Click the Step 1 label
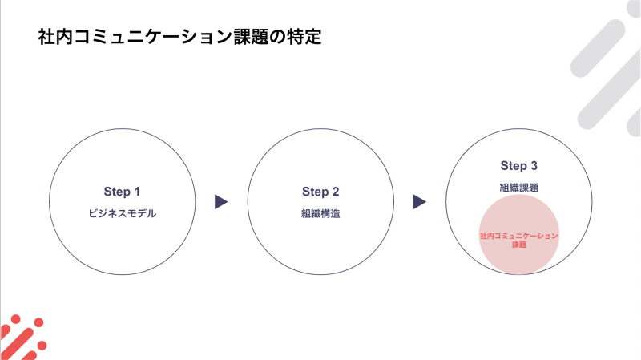pos(122,192)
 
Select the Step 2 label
pos(320,192)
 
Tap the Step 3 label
pos(518,166)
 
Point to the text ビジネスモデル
pos(123,213)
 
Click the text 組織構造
pos(320,213)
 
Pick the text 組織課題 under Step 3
pos(518,188)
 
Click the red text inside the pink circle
pos(518,241)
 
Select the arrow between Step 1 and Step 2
pos(221,202)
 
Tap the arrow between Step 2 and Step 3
pos(419,202)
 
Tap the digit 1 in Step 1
pos(137,192)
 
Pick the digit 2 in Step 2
pos(336,192)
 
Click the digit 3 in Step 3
pos(534,166)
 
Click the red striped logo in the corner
pos(22,338)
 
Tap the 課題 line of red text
pos(518,245)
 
